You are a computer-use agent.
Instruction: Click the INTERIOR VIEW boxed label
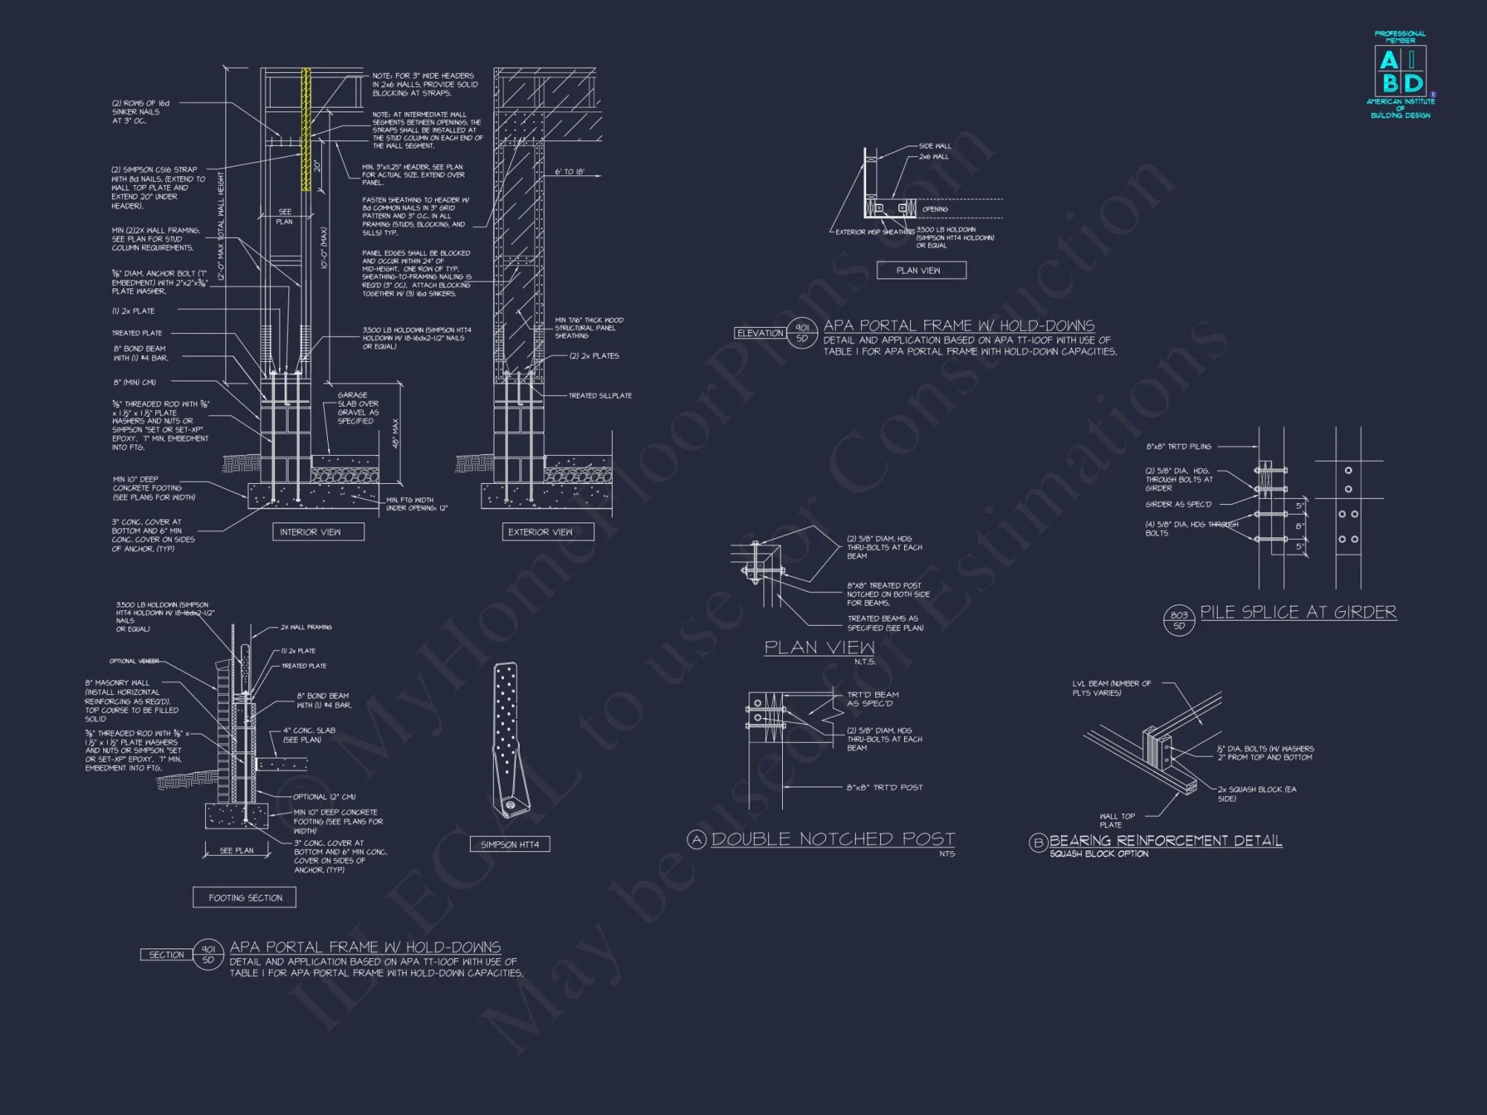(310, 532)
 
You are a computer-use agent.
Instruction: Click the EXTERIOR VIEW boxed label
(541, 532)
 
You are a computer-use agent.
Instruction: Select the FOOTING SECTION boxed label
(245, 898)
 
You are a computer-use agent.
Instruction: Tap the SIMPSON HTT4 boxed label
(510, 844)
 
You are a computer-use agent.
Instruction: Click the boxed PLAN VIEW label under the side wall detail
(918, 271)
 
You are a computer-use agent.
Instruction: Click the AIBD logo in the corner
(1401, 74)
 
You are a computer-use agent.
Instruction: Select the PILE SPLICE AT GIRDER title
(1298, 613)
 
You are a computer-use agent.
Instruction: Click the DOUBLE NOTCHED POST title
(833, 839)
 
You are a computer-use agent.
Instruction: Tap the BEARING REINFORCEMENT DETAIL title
(1166, 841)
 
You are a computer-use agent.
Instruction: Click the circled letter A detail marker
(696, 840)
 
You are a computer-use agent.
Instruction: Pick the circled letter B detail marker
(1038, 843)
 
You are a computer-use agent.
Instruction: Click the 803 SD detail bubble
(1179, 620)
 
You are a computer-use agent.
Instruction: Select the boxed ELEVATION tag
(760, 333)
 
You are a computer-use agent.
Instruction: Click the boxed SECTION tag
(167, 954)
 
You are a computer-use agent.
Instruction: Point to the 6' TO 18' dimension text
(570, 172)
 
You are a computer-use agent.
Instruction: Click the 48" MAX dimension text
(396, 433)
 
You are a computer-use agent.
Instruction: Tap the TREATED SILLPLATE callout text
(600, 395)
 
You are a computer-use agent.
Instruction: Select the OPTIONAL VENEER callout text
(134, 661)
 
